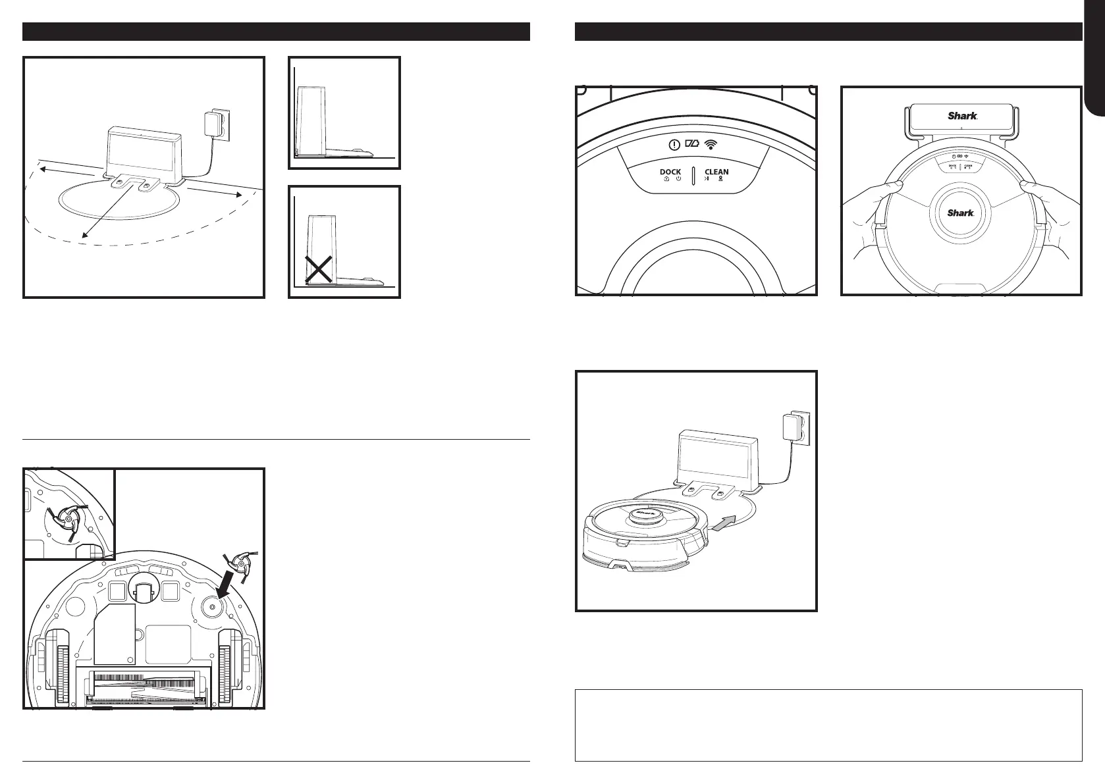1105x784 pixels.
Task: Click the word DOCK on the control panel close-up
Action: coord(670,172)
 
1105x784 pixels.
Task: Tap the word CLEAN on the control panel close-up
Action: coord(716,172)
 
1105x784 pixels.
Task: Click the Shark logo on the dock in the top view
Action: coord(962,115)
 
